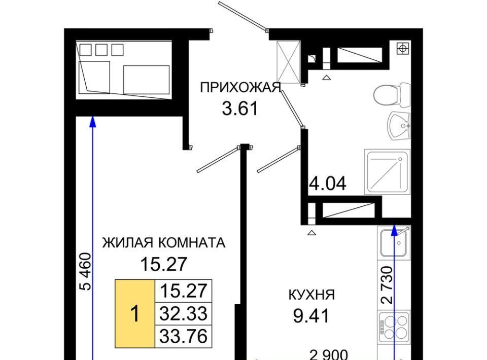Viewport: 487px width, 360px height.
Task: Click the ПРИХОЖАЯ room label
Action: pyautogui.click(x=240, y=87)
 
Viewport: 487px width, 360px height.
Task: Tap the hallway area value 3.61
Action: pyautogui.click(x=240, y=109)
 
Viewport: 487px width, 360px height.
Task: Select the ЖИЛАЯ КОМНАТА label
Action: pyautogui.click(x=164, y=242)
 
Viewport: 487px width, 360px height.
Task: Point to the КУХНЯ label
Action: pyautogui.click(x=311, y=295)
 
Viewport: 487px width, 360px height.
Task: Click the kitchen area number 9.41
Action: pyautogui.click(x=311, y=316)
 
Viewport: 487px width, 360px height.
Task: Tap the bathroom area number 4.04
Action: pyautogui.click(x=328, y=184)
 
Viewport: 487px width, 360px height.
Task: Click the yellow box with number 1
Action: pyautogui.click(x=135, y=313)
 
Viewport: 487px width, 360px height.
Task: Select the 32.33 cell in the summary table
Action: pyautogui.click(x=183, y=313)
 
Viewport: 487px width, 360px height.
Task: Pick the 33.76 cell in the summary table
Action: pyautogui.click(x=183, y=336)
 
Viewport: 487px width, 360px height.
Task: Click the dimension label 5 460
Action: pyautogui.click(x=86, y=272)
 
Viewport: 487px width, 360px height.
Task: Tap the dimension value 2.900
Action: pyautogui.click(x=329, y=355)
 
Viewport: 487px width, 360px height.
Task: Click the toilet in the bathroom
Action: pyautogui.click(x=392, y=95)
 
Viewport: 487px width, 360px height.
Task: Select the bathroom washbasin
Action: pyautogui.click(x=399, y=126)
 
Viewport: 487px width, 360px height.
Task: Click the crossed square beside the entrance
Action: pyautogui.click(x=289, y=62)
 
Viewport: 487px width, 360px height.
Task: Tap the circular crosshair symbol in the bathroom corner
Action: pyautogui.click(x=402, y=48)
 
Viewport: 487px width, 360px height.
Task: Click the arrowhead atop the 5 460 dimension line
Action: pyautogui.click(x=92, y=122)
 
